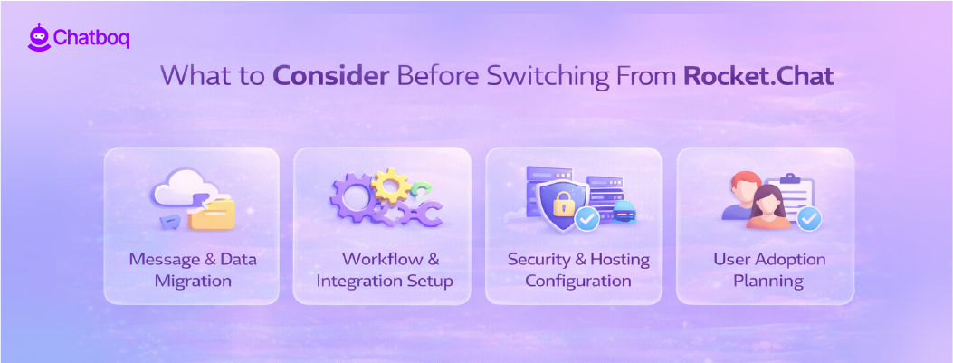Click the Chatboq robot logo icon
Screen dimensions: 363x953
point(38,37)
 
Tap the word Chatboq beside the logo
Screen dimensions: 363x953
point(91,38)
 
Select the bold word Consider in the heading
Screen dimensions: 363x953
point(330,75)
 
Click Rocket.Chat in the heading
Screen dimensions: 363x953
point(758,75)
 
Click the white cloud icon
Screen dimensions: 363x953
point(177,188)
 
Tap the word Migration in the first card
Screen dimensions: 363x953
point(192,281)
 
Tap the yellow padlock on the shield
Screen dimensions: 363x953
point(562,203)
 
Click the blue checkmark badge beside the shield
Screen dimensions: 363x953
point(587,219)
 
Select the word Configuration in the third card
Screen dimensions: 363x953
point(577,281)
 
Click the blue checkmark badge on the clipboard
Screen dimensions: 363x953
point(809,218)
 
